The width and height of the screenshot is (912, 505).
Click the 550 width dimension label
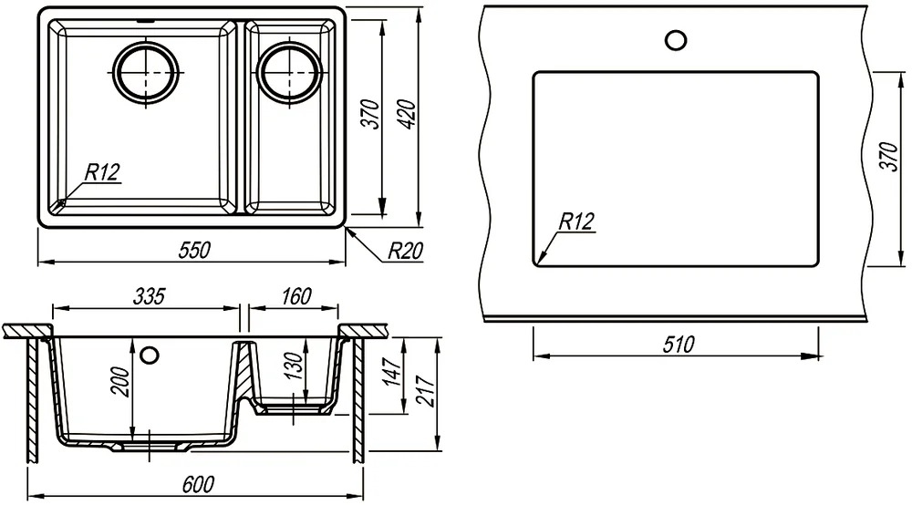coord(194,250)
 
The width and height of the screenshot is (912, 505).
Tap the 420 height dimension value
coord(409,114)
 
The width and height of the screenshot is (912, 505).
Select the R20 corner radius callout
coord(406,251)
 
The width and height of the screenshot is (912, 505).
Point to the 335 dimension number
coord(150,295)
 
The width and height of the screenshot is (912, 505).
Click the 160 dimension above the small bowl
coord(296,295)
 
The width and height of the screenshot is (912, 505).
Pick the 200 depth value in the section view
coord(121,381)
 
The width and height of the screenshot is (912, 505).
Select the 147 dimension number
coord(394,372)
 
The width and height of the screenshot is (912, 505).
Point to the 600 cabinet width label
coord(198,483)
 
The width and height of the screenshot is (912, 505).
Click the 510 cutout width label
coord(679,344)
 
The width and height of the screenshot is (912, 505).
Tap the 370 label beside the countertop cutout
coord(889,156)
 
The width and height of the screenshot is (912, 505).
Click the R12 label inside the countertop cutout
coord(577,221)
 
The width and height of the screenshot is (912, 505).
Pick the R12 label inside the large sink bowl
coord(102,172)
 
